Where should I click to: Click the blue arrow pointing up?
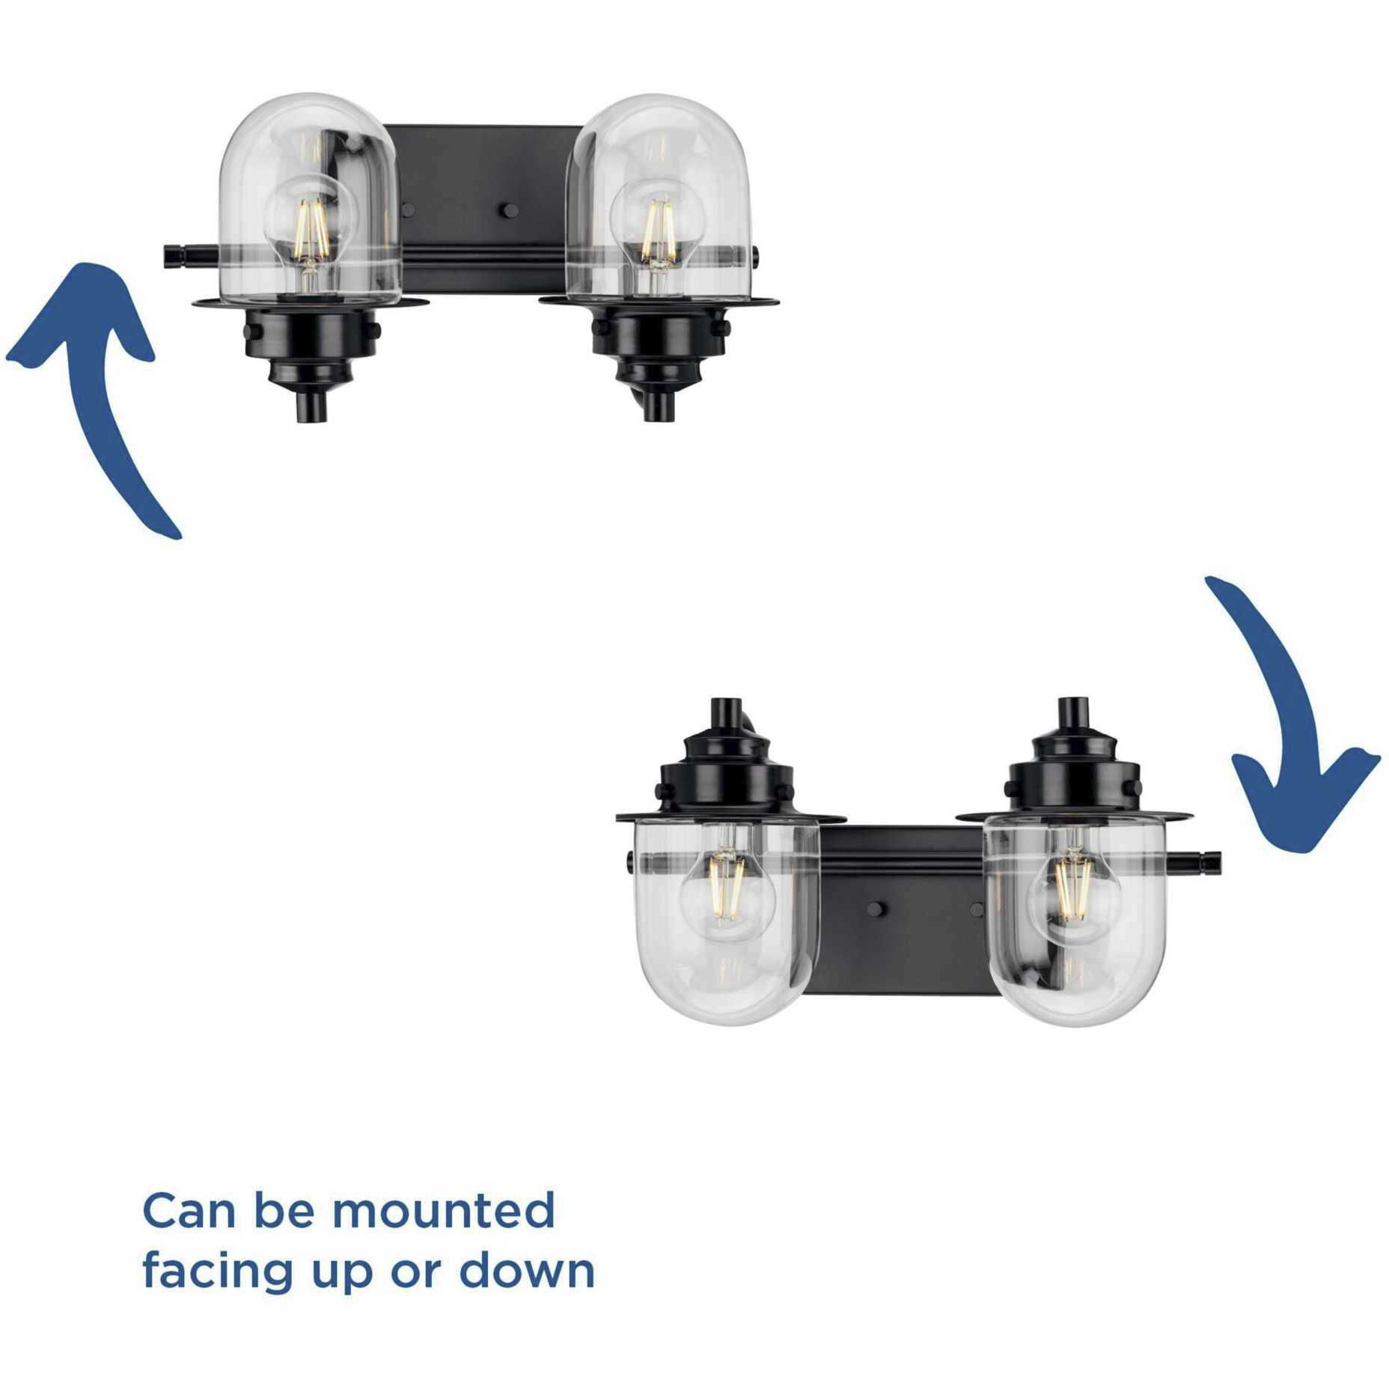click(x=112, y=389)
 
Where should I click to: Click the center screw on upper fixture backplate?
click(x=511, y=211)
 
